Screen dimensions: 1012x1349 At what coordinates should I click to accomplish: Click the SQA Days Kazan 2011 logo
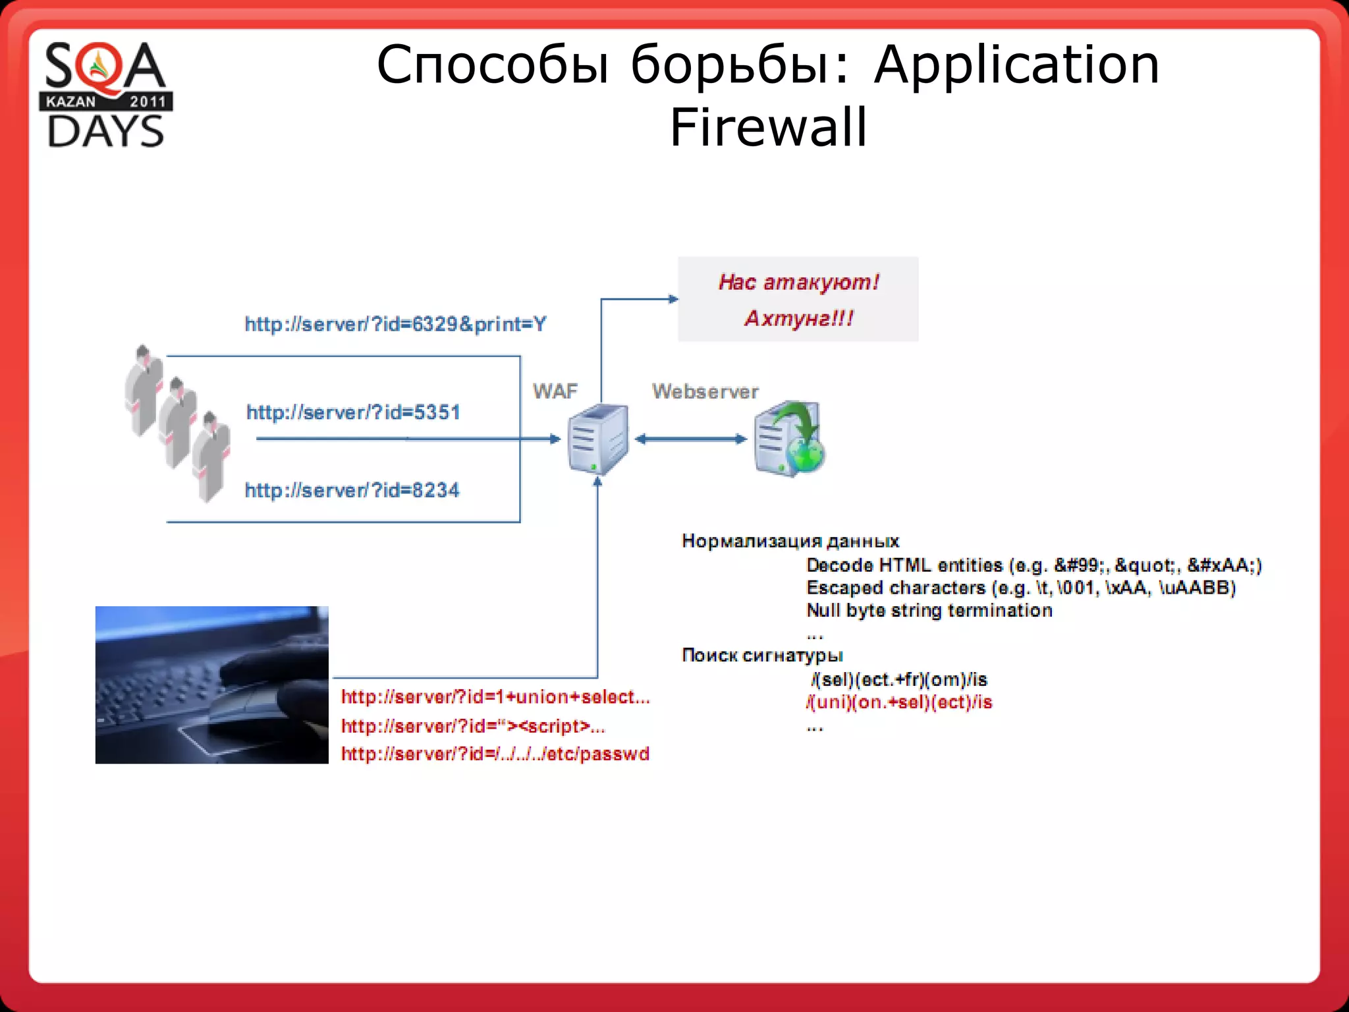[106, 94]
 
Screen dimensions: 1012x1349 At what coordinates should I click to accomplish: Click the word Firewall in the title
[768, 127]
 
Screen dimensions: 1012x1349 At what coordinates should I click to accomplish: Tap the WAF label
[555, 391]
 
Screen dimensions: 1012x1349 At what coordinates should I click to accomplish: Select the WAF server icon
[597, 439]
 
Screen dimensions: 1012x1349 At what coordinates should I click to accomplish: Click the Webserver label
[705, 391]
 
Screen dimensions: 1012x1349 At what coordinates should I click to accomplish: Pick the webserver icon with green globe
[788, 438]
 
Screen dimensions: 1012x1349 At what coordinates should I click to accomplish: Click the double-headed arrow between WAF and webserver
[690, 439]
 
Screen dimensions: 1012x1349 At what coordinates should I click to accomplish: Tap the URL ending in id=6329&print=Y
[395, 324]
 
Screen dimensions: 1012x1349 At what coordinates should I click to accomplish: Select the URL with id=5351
[353, 412]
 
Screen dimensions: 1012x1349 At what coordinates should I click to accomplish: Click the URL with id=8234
[352, 490]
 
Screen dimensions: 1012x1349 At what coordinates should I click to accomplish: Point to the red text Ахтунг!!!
[798, 319]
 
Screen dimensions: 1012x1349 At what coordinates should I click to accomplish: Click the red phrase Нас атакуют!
[798, 282]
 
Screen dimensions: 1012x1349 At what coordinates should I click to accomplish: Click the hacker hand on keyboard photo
[211, 685]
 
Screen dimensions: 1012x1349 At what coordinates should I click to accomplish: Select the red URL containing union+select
[495, 697]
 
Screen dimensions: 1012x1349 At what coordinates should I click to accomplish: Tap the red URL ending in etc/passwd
[495, 754]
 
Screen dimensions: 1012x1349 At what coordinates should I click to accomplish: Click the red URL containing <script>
[473, 726]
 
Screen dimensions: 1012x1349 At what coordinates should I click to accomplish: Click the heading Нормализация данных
[790, 541]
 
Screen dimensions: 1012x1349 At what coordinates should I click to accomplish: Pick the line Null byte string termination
[929, 610]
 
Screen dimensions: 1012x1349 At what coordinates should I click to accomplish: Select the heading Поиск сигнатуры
[761, 655]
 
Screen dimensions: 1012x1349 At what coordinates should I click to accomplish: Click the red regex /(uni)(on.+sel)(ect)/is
[898, 702]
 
